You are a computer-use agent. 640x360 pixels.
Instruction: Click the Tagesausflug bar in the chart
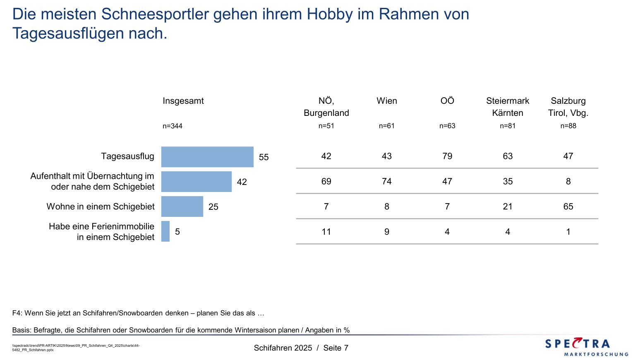(x=207, y=157)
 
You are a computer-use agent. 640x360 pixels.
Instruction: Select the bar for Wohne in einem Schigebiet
(x=182, y=206)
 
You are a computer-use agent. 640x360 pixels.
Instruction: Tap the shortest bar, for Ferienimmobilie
(x=165, y=231)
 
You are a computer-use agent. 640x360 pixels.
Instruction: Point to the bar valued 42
(x=196, y=182)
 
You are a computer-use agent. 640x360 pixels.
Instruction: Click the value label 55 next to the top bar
(x=264, y=157)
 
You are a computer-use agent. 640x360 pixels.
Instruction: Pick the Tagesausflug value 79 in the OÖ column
(x=447, y=156)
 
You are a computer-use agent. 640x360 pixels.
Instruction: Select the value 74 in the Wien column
(x=386, y=181)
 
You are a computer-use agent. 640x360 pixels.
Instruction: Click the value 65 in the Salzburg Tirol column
(x=568, y=206)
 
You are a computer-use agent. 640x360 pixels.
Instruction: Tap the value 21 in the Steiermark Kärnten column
(x=508, y=206)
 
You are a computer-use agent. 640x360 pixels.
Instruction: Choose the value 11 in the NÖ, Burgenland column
(x=326, y=232)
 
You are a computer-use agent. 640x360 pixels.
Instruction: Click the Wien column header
(x=386, y=101)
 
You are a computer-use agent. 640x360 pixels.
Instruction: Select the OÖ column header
(x=447, y=101)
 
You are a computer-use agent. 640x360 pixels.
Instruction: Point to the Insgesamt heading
(x=183, y=101)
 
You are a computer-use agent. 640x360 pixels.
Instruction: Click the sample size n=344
(x=172, y=126)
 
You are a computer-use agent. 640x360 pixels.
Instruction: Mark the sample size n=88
(x=568, y=126)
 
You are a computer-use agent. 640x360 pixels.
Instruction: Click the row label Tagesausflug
(x=127, y=156)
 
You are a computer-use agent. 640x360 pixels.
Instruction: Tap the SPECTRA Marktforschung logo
(x=586, y=347)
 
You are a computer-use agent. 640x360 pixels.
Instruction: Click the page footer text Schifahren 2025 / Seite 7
(x=301, y=348)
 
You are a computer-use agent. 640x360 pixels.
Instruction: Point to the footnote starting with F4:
(x=138, y=313)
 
